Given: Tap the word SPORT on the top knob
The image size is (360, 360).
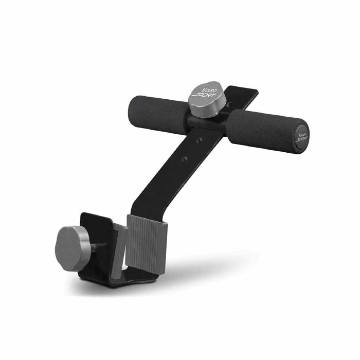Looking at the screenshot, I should pyautogui.click(x=204, y=96).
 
